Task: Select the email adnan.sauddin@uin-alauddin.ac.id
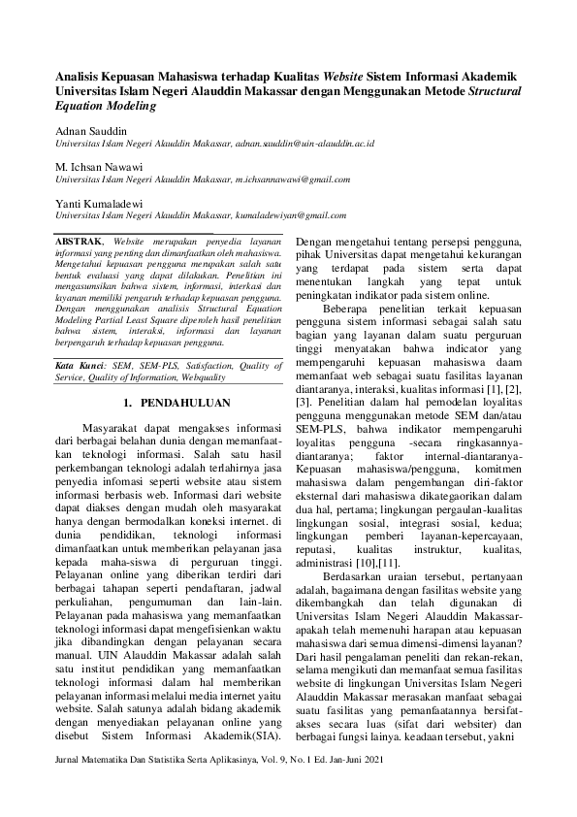305,144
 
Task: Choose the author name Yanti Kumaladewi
101,203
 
